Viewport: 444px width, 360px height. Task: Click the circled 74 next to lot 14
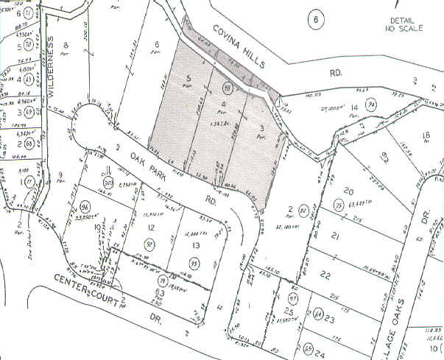pos(373,105)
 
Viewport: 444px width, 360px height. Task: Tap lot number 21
pos(334,236)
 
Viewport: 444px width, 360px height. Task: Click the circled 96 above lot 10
pos(85,208)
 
